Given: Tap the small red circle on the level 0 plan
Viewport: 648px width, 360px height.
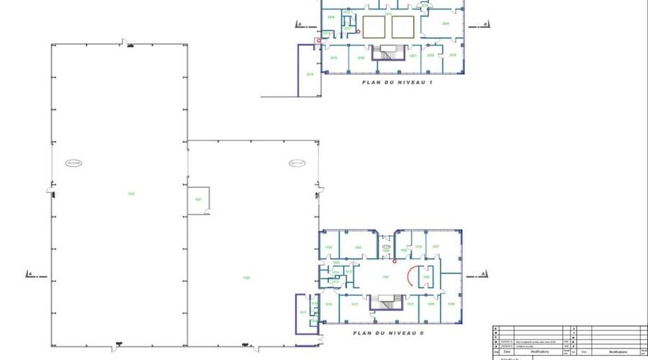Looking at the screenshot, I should point(394,261).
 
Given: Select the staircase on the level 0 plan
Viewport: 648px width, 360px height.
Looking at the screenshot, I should point(387,302).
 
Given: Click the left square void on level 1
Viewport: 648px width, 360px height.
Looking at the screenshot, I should point(374,27).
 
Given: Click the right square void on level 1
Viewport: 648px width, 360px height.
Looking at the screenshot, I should point(403,27).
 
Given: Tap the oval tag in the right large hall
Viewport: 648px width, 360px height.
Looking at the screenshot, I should point(297,163).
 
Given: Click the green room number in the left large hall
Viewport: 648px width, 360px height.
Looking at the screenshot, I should point(131,193).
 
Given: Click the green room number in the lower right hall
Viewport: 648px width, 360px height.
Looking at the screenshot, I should point(246,278).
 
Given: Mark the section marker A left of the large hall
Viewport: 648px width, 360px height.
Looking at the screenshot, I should point(30,274).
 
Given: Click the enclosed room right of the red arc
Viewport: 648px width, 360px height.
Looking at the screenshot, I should point(426,276).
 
